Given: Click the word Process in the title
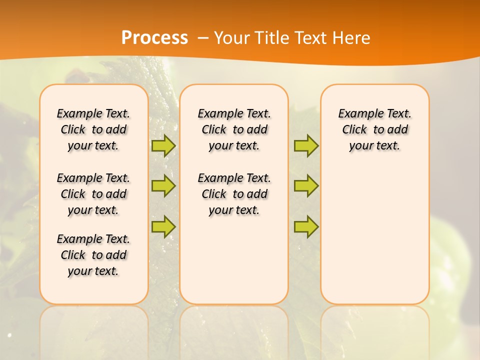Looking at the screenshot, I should coord(154,38).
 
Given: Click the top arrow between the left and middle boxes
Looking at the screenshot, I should coord(163,145).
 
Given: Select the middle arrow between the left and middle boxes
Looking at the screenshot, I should coord(163,186).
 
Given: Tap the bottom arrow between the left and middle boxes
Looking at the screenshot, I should coord(163,226).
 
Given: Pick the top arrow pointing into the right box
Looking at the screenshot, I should coord(306,145).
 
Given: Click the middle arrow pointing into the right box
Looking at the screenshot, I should coord(306,186).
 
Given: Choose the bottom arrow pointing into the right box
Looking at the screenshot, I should coord(306,226).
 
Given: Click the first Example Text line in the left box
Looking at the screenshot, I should coord(93,113).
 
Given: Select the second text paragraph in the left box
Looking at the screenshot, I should coord(93,194).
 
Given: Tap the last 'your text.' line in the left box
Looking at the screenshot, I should coord(93,271).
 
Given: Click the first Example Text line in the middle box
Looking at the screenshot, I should coord(234,113).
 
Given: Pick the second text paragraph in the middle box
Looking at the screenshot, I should coord(234,194).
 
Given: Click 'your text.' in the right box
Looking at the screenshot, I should coord(374,146).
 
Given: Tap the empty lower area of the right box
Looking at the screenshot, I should coord(374,240).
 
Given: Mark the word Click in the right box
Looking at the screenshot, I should coord(354,130).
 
